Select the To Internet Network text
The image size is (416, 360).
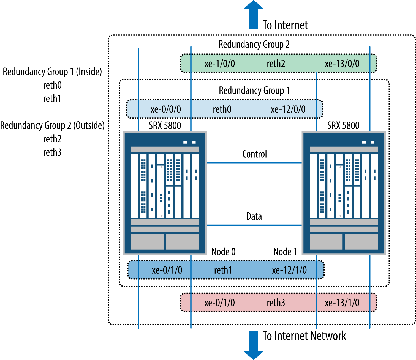coord(304,336)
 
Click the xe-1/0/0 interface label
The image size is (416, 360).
coord(220,64)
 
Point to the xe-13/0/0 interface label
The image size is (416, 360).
coord(342,64)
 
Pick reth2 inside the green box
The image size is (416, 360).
coord(276,64)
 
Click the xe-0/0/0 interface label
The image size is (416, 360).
coord(166,109)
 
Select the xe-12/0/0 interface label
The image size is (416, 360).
coord(288,109)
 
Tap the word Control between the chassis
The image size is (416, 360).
coord(255,154)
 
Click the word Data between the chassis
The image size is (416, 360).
coord(254,216)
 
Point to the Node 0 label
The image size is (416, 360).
coord(224,252)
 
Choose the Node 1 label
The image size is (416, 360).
coord(285,252)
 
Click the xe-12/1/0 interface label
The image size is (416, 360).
coord(289,270)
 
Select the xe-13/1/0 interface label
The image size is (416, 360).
coord(342,303)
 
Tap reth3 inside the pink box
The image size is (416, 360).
coord(276,303)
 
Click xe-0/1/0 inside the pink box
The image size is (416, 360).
coord(220,303)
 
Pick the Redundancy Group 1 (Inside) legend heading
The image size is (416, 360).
coord(52,72)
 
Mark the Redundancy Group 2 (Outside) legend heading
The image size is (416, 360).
coord(52,125)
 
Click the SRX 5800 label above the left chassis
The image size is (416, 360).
coord(165,125)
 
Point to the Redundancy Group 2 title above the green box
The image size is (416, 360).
coord(254,44)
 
